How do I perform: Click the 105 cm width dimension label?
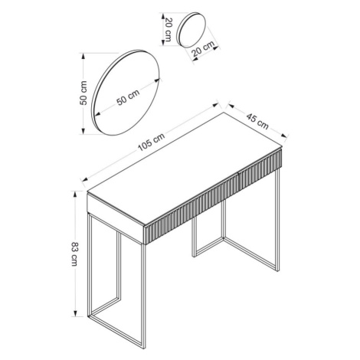tap(152, 142)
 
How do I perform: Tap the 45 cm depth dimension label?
tap(257, 121)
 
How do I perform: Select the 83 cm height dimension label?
tap(74, 254)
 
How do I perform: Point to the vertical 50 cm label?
tap(83, 93)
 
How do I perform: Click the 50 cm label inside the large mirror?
tap(128, 97)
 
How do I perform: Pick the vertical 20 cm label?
tap(169, 29)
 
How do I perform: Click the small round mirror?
tap(191, 29)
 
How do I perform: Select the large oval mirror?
tap(126, 93)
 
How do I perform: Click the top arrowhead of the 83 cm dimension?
tap(75, 194)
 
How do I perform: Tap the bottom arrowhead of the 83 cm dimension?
tap(75, 313)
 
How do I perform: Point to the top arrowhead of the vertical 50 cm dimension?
tap(83, 56)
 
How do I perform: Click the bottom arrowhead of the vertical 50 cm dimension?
tap(83, 131)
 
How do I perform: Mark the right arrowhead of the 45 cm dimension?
tap(285, 136)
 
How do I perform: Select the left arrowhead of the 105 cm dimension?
tap(84, 179)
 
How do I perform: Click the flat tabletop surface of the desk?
tap(185, 169)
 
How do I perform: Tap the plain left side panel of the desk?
tap(116, 218)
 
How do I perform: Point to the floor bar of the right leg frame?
tap(251, 254)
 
